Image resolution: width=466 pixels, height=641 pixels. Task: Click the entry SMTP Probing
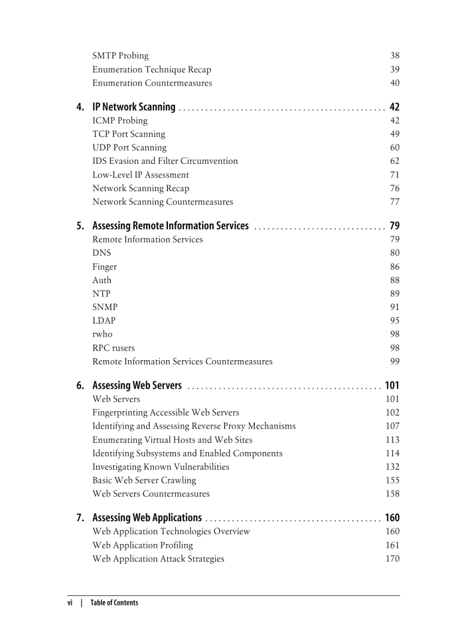tap(120, 56)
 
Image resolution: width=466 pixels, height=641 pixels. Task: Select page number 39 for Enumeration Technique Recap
tap(395, 70)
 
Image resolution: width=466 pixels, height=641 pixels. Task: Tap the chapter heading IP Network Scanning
tap(134, 107)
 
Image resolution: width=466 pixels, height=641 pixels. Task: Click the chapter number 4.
tap(81, 107)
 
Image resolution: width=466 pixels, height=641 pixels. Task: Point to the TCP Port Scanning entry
tap(129, 134)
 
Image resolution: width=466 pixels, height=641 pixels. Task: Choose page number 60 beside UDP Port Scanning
tap(395, 148)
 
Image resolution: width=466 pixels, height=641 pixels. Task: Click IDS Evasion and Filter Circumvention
tap(165, 162)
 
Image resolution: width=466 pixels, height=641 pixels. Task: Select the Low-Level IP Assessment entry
tap(140, 175)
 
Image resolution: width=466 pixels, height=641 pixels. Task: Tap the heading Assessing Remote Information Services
tap(170, 226)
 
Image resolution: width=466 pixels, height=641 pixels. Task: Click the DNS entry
tap(102, 253)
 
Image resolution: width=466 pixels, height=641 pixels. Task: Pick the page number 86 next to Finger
tap(395, 267)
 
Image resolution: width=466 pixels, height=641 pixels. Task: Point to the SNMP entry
tap(105, 307)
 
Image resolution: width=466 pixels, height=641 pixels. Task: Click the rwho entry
tap(102, 334)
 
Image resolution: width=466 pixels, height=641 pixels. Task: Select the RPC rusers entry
tap(114, 348)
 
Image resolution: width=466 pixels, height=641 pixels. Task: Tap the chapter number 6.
tap(81, 386)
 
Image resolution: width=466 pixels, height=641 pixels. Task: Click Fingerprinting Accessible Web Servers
tap(166, 413)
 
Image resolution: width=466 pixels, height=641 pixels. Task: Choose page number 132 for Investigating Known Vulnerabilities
tap(392, 467)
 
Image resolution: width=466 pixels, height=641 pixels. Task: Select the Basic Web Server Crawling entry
tap(144, 481)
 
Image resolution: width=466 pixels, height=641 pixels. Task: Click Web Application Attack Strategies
tap(158, 559)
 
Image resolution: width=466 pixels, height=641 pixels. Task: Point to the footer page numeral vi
tap(70, 603)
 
